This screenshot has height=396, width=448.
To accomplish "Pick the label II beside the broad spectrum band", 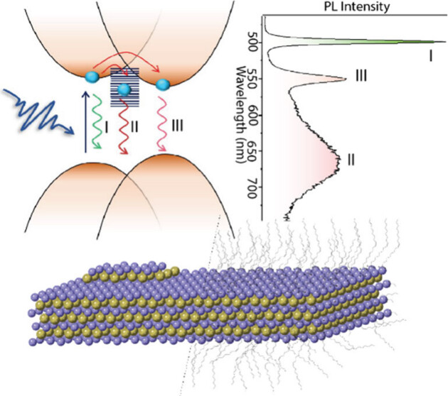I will tap(350, 160).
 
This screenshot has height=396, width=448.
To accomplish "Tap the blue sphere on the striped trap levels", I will tap(124, 89).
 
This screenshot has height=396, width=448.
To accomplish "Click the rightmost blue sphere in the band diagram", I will tap(163, 84).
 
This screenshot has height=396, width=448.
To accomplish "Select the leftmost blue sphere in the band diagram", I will tap(92, 76).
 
